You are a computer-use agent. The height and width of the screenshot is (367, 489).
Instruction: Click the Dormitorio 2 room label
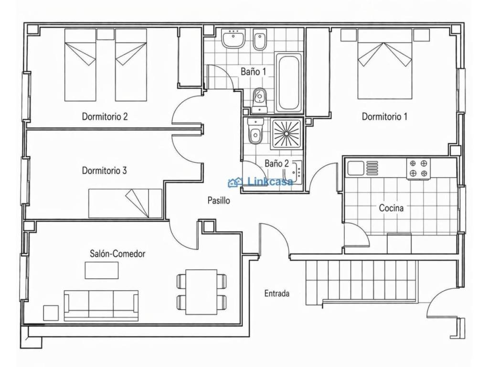point(105,117)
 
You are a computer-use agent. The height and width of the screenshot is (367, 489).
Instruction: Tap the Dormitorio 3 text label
point(104,171)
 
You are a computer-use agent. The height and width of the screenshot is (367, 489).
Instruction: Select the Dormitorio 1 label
point(384,117)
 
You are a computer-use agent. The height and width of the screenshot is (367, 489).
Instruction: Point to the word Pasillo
point(219,200)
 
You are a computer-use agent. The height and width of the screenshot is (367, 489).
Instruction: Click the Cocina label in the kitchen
point(391,207)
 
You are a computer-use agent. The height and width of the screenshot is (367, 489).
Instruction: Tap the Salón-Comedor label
point(117,253)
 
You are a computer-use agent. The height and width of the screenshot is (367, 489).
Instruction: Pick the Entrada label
point(277,293)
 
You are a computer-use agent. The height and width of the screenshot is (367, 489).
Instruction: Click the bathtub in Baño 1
point(288,83)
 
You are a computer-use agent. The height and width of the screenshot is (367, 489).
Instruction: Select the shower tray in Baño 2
point(287,134)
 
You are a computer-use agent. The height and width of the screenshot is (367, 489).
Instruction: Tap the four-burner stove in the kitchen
point(418,169)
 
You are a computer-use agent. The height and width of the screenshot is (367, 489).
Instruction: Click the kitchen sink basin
point(356,168)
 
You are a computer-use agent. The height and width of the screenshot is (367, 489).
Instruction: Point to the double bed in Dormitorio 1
point(385,64)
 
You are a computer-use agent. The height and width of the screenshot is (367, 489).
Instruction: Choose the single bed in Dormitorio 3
point(125,203)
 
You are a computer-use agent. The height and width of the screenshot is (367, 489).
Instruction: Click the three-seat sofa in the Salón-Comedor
point(101,305)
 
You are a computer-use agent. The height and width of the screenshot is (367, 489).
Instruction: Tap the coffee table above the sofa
point(102,270)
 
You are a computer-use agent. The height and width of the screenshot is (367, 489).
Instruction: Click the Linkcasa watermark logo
point(261,182)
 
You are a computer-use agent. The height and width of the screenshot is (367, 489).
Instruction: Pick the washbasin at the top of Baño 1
point(233,38)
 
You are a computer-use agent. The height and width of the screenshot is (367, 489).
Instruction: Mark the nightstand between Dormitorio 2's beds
point(106,34)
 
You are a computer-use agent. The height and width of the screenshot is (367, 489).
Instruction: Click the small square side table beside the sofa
point(51,313)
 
